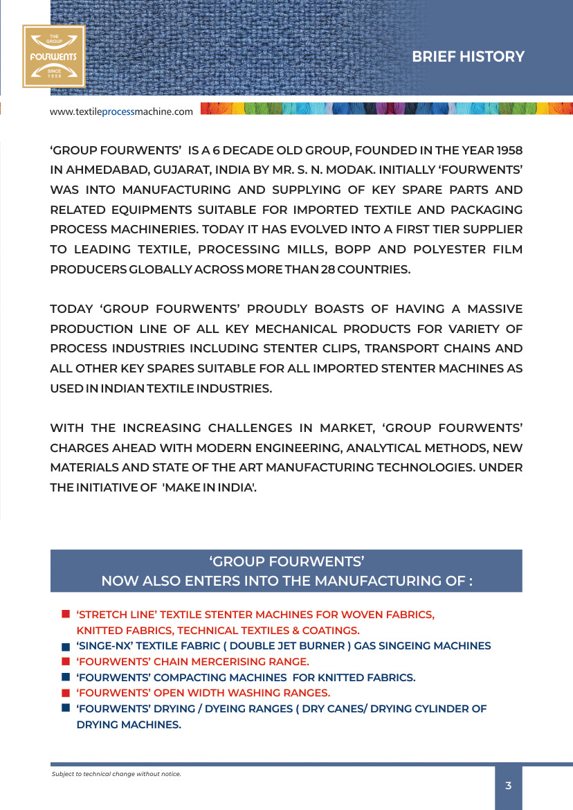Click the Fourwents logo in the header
(x=53, y=56)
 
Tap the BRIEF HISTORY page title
(x=468, y=57)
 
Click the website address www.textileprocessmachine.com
(x=121, y=111)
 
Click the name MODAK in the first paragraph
(x=343, y=170)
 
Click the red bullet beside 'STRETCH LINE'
(x=65, y=614)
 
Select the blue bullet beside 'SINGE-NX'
(x=65, y=647)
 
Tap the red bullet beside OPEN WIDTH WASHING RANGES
(x=65, y=692)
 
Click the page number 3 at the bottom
(x=508, y=785)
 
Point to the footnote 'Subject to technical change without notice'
(x=116, y=773)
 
